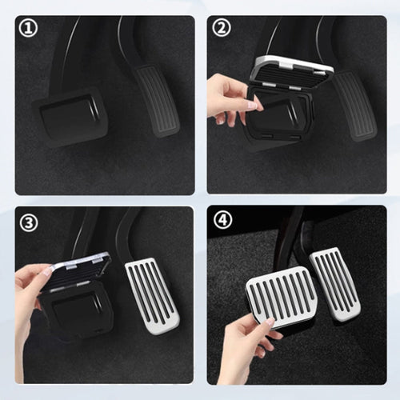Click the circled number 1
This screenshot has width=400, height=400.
click(x=28, y=29)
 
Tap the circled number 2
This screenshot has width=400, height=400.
click(x=221, y=29)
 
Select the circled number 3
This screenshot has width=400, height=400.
click(x=28, y=222)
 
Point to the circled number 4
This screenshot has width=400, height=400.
click(x=221, y=222)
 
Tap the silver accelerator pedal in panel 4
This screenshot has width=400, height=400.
click(x=334, y=282)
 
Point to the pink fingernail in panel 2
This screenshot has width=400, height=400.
click(x=254, y=105)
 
